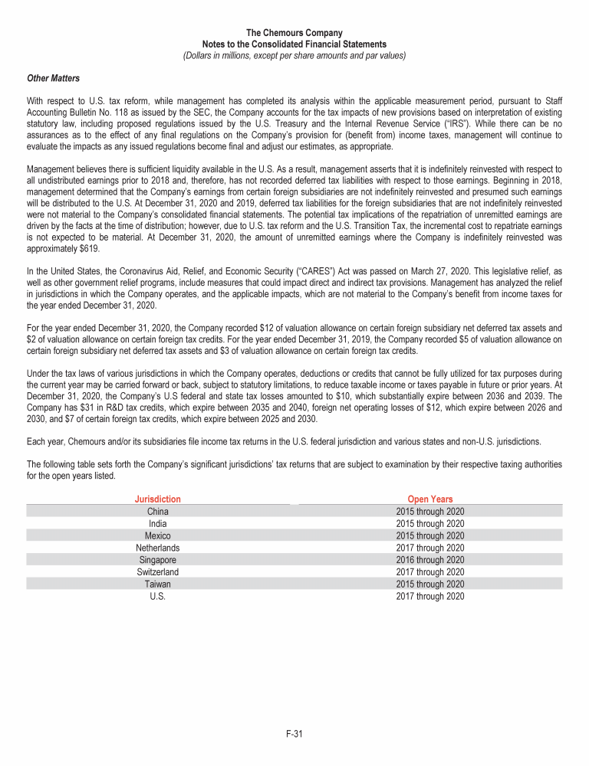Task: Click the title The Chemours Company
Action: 294,33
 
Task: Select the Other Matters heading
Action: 53,78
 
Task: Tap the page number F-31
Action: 294,734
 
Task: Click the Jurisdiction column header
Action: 157,499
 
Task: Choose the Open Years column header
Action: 430,499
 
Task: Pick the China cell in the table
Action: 157,512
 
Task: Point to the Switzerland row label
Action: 157,571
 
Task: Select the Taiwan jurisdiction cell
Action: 157,584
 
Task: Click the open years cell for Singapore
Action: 430,560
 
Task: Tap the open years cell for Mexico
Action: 430,535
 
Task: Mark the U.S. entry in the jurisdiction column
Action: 157,596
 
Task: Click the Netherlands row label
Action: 157,548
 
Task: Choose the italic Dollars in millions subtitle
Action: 294,55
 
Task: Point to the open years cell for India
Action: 430,524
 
